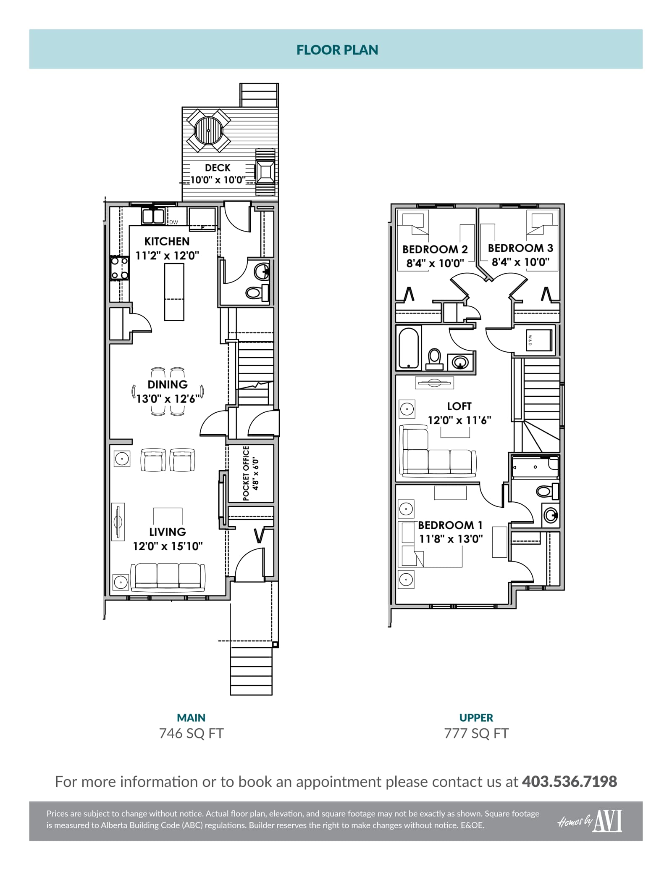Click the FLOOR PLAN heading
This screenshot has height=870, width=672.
tap(337, 50)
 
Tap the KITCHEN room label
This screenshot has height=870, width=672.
tap(167, 241)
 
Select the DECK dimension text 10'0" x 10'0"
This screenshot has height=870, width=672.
tap(218, 180)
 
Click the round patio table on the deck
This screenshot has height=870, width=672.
tap(208, 131)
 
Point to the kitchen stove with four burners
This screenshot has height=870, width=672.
tap(119, 268)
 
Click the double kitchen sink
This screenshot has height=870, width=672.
tap(152, 216)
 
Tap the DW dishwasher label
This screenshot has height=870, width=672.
tap(173, 222)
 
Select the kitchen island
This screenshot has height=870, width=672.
tap(174, 292)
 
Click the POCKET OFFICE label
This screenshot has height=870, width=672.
tap(246, 473)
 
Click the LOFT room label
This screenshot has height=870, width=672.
tap(459, 406)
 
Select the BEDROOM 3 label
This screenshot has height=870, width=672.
tap(520, 248)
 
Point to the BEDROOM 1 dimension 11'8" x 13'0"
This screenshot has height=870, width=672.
tap(451, 539)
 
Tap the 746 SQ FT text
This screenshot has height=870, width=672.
tap(192, 733)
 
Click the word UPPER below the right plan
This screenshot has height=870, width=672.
tap(476, 717)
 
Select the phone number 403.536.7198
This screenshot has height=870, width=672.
tap(570, 782)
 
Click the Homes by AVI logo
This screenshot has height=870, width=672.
tap(590, 821)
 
